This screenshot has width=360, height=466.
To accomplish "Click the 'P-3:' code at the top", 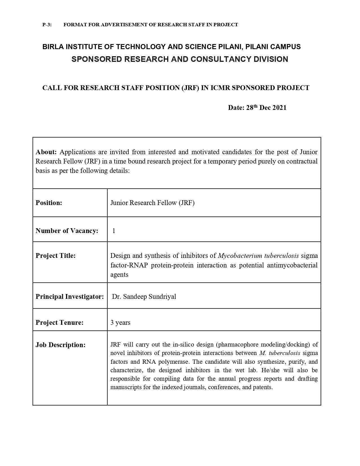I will [47, 25].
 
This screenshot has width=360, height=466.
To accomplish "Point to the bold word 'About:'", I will [46, 152].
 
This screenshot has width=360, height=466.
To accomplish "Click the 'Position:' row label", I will [49, 203].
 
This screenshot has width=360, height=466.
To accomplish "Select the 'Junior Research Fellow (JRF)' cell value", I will [152, 203].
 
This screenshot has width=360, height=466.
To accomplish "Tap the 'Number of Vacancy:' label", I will [67, 231].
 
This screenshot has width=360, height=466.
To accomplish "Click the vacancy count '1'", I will [114, 231].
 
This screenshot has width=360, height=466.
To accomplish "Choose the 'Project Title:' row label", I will [56, 256].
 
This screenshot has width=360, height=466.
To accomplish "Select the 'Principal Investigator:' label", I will [70, 297].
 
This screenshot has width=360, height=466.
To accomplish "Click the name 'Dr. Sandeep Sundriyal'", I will [144, 297].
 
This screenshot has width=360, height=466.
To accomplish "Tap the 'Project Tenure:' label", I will [60, 323].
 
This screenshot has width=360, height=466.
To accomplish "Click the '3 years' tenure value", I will [120, 323].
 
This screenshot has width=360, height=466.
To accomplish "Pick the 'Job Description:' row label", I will [60, 345].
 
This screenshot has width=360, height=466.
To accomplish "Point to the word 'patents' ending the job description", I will [263, 387].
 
